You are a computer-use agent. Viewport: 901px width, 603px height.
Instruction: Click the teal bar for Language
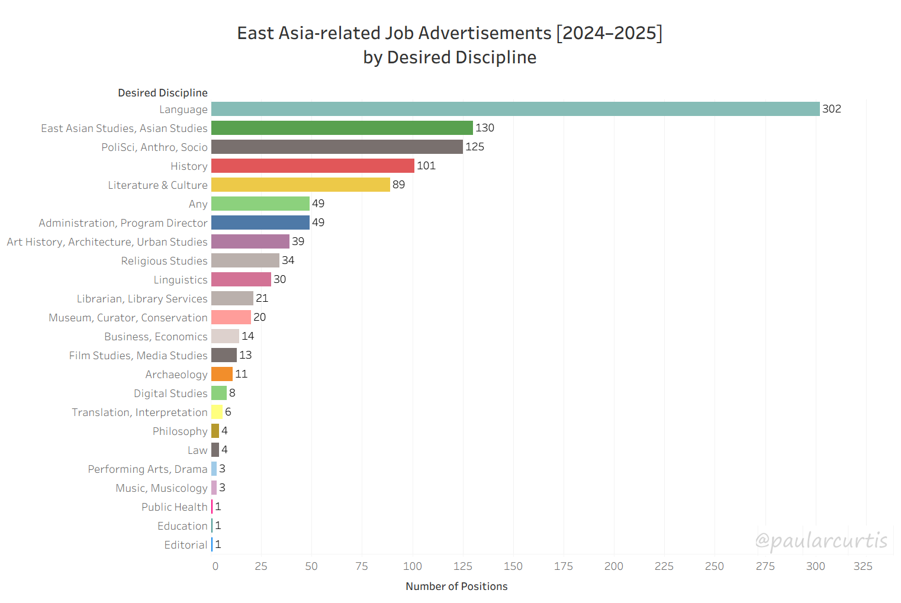(x=515, y=109)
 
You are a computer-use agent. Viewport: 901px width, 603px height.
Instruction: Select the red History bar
(x=313, y=166)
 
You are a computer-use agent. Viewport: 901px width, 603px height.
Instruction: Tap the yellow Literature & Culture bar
(x=300, y=185)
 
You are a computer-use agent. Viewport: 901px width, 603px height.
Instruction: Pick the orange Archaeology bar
(x=222, y=374)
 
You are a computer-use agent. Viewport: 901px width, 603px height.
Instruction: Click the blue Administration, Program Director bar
(x=260, y=223)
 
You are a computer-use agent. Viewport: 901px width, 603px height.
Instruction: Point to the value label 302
(x=831, y=109)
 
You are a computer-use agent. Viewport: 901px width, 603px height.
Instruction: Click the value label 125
(x=474, y=147)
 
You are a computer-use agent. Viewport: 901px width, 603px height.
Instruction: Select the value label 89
(x=398, y=185)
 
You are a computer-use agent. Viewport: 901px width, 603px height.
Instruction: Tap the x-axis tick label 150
(x=513, y=566)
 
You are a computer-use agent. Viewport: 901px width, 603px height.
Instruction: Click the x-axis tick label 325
(x=863, y=566)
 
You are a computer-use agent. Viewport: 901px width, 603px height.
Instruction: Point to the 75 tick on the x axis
(x=362, y=566)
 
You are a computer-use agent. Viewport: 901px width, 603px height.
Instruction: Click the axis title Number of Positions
(x=456, y=586)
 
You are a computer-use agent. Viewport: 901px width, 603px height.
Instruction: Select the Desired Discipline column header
(x=163, y=93)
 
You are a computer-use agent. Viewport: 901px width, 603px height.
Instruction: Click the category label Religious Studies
(x=164, y=261)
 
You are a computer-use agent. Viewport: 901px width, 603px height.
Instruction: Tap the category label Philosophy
(x=180, y=431)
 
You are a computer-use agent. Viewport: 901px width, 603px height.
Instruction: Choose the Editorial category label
(x=186, y=545)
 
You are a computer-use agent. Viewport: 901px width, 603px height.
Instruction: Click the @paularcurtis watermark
(x=821, y=540)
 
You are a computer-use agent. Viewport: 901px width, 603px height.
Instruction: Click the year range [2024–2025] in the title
(x=609, y=33)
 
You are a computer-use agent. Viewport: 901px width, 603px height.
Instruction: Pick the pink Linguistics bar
(x=241, y=279)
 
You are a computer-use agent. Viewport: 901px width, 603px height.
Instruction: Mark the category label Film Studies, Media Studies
(x=138, y=356)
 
